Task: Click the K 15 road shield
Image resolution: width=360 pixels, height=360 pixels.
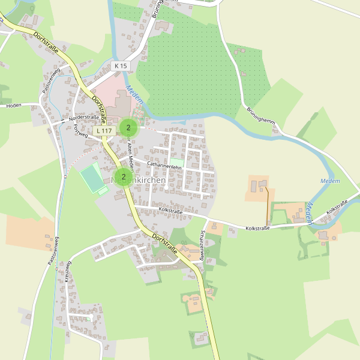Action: click(x=121, y=65)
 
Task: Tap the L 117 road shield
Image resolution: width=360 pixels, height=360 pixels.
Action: click(x=104, y=130)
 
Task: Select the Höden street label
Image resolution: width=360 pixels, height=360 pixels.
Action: click(x=13, y=105)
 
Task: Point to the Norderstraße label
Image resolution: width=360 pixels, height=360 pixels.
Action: click(x=83, y=118)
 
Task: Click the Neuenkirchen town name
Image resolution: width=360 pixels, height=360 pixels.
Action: click(x=139, y=180)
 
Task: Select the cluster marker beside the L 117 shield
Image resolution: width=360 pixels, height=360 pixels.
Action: click(x=128, y=128)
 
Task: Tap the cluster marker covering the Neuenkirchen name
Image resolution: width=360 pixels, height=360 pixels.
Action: click(x=123, y=176)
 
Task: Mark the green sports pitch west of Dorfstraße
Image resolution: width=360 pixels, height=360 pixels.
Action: click(x=92, y=178)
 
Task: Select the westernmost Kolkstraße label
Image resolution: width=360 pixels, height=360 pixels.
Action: click(x=171, y=211)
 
